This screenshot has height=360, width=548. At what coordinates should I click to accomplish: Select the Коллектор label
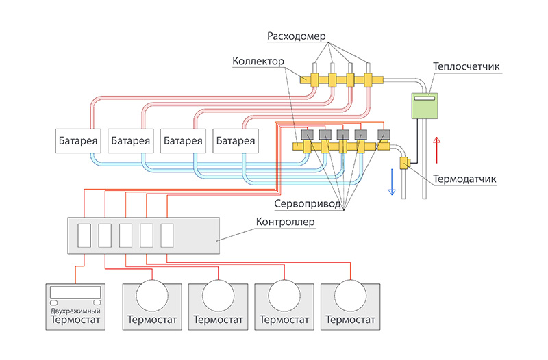pos(258,62)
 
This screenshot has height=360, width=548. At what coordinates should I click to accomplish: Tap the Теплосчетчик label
pos(467,67)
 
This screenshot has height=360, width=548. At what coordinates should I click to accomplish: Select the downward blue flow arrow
pos(392,182)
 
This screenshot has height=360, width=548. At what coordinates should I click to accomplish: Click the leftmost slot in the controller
pos(84,235)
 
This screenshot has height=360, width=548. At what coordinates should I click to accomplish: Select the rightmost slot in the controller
pos(167,235)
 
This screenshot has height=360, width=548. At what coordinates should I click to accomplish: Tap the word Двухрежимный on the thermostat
pos(75,311)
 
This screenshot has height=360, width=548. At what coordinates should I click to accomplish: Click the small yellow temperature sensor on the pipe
pos(403,163)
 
